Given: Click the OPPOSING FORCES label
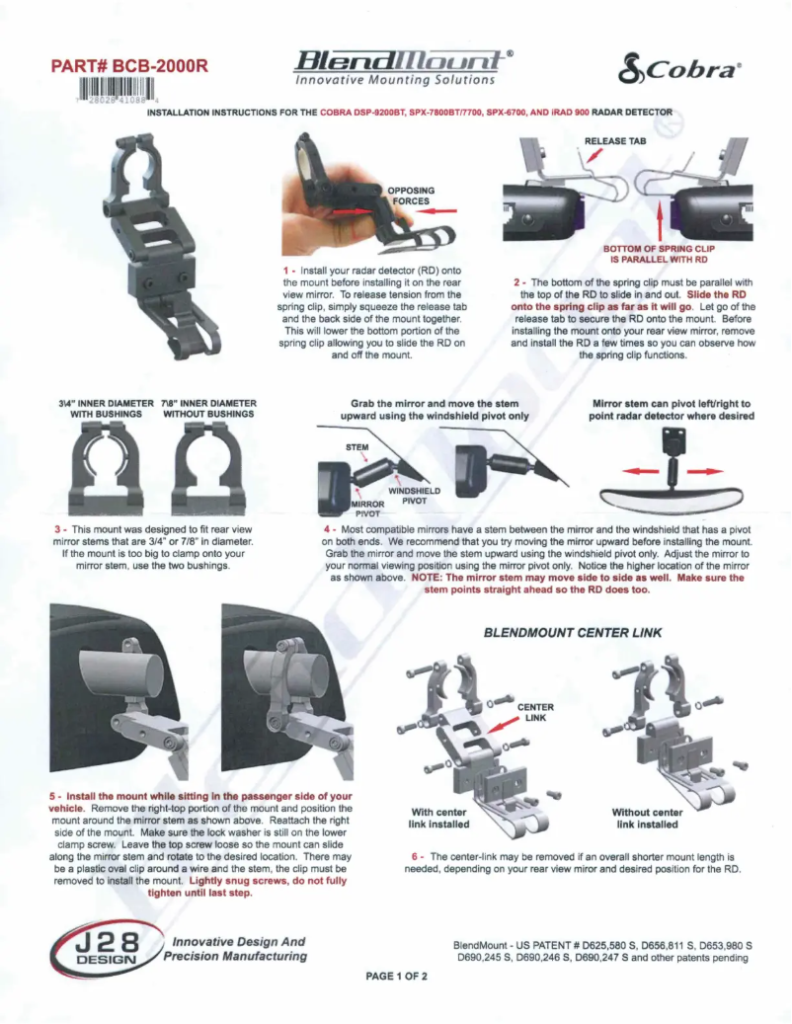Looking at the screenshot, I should click(x=410, y=195).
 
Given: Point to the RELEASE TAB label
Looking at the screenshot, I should click(x=615, y=141).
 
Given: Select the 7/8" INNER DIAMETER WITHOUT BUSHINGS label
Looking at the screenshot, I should click(x=208, y=409).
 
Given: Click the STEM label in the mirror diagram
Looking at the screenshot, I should click(x=357, y=447).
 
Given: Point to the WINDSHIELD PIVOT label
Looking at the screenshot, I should click(x=414, y=495).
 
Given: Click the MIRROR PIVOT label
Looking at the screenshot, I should click(x=367, y=509).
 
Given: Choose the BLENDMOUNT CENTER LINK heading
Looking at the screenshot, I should click(x=572, y=632).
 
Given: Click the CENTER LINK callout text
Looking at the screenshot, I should click(x=535, y=712).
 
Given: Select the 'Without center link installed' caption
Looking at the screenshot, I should click(x=647, y=818).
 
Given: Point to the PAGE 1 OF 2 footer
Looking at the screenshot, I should click(x=396, y=977).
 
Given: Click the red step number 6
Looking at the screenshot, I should click(x=416, y=856).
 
